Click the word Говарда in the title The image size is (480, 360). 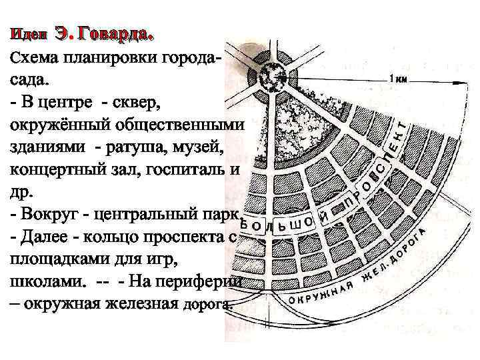[117, 33]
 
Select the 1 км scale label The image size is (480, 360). [399, 79]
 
